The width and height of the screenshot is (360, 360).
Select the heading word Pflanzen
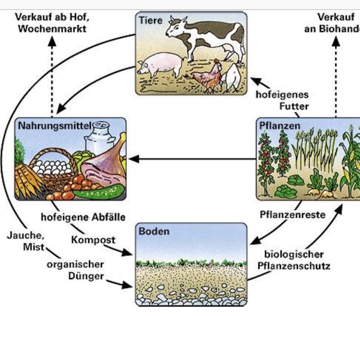tap(280, 126)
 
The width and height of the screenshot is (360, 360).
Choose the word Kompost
tap(93, 240)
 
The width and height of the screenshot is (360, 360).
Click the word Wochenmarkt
tap(52, 29)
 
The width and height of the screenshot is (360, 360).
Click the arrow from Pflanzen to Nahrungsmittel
tap(192, 159)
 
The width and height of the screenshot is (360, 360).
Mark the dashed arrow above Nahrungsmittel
tap(52, 74)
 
